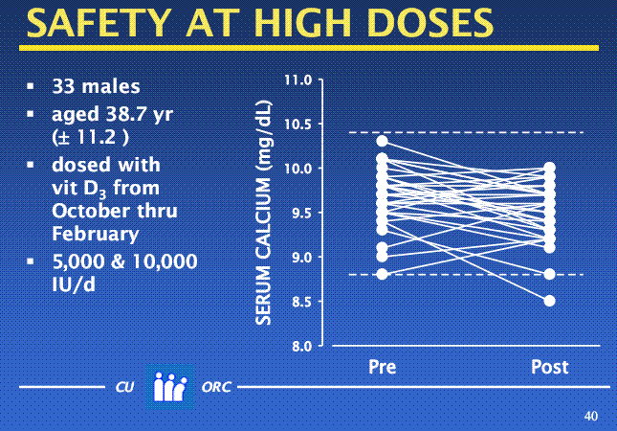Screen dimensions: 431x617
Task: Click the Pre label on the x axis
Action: (x=383, y=367)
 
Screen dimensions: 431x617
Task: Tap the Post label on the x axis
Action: (x=549, y=367)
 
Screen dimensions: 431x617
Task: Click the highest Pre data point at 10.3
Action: (x=382, y=141)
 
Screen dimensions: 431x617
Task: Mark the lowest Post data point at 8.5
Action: (x=549, y=301)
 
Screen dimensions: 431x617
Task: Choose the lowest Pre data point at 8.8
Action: (x=382, y=274)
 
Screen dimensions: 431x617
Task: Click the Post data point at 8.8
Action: (x=549, y=274)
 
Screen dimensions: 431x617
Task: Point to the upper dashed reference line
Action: (x=459, y=132)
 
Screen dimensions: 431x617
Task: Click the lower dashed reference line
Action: (x=459, y=275)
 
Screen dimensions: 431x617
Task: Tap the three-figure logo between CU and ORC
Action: (x=169, y=388)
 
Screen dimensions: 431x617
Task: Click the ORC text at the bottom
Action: (x=216, y=391)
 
